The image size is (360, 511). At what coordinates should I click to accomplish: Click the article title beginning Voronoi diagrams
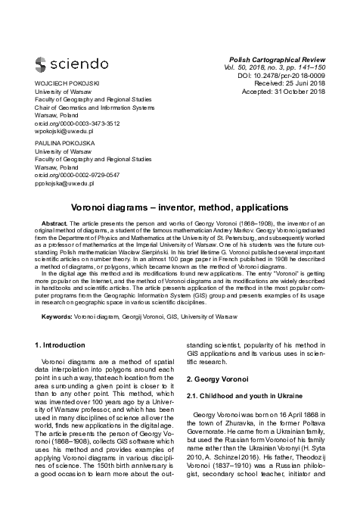pyautogui.click(x=180, y=207)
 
